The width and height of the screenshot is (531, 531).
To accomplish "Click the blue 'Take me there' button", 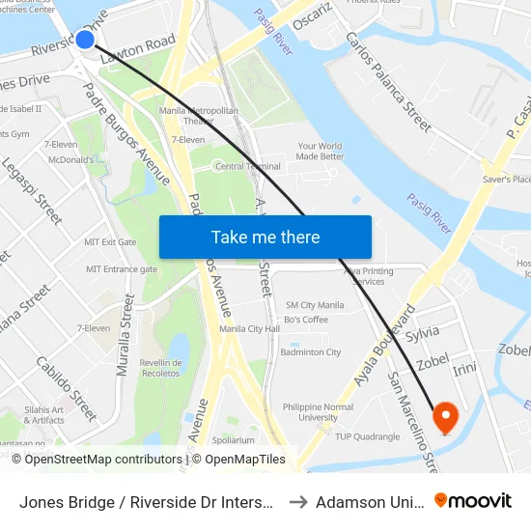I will tap(265, 237).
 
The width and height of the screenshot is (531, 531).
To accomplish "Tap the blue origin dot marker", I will tap(85, 39).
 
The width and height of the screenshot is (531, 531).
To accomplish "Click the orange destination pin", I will tap(446, 417).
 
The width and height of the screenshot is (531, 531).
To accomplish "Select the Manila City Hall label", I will tap(249, 329).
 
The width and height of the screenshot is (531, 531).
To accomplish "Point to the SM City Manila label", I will tap(315, 305).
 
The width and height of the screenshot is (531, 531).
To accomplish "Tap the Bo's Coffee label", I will tap(306, 320).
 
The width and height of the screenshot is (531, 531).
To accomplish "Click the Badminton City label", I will tap(310, 352).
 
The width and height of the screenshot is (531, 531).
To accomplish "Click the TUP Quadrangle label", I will tap(368, 436).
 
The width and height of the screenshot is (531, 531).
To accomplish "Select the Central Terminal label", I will tap(248, 166).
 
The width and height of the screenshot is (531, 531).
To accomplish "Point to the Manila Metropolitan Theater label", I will tap(199, 116).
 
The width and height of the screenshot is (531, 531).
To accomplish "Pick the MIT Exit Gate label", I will tap(110, 242).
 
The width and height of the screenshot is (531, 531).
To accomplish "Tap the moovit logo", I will tap(472, 500).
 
